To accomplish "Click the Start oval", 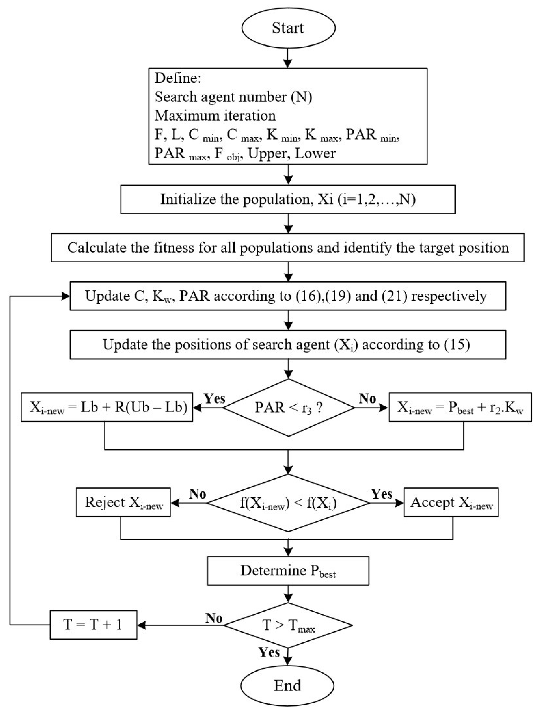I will pos(288,28).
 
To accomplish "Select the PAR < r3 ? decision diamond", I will pos(288,408).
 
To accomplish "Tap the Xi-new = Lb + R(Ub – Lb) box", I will pos(107,407).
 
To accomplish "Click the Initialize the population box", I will pos(288,199).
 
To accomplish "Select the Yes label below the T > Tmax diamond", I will pos(269,652).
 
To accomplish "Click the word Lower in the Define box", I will pos(315,153).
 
